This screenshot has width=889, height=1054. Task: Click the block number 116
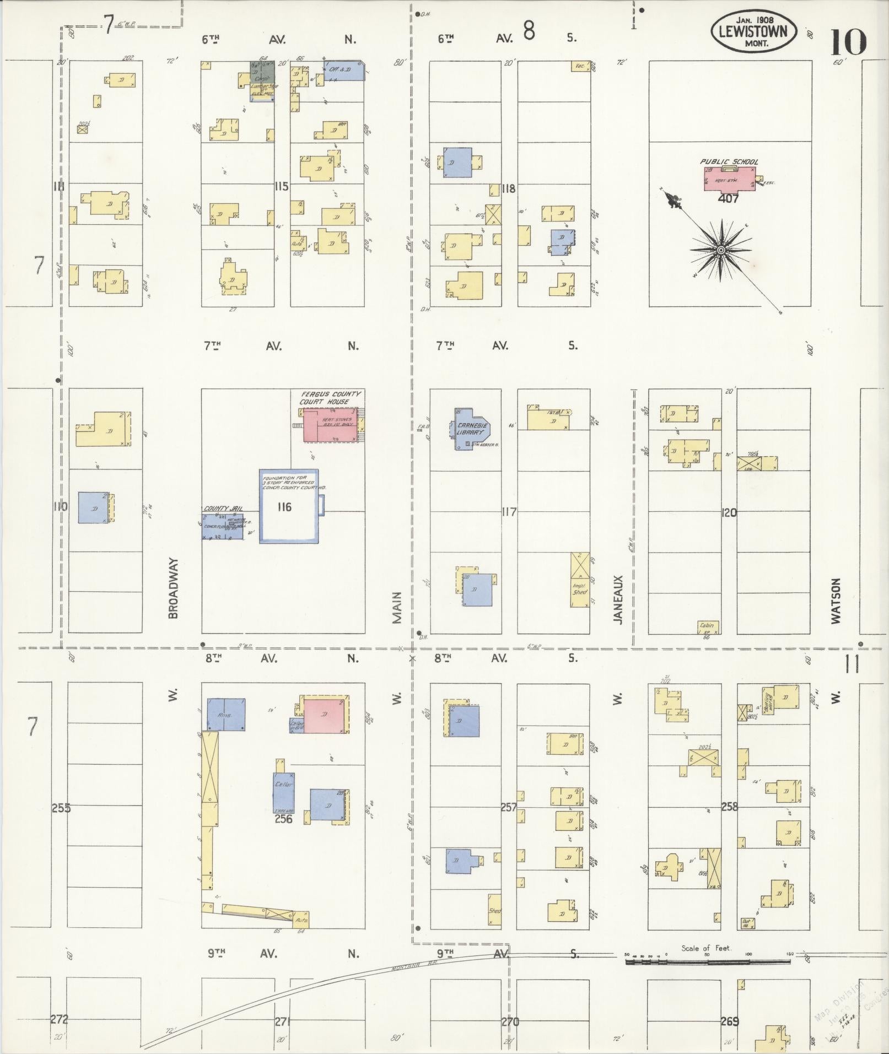coord(284,507)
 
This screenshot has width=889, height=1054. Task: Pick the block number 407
coord(728,199)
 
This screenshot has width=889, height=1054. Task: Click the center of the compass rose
coord(720,251)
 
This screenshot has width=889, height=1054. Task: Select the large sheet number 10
coord(848,42)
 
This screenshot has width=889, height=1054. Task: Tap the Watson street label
coord(836,601)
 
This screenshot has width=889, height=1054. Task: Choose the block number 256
coord(283,819)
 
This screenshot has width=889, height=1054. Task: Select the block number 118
coord(508,188)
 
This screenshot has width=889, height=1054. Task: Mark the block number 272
coord(59,1019)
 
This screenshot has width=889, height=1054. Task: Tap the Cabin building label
coord(707,625)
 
